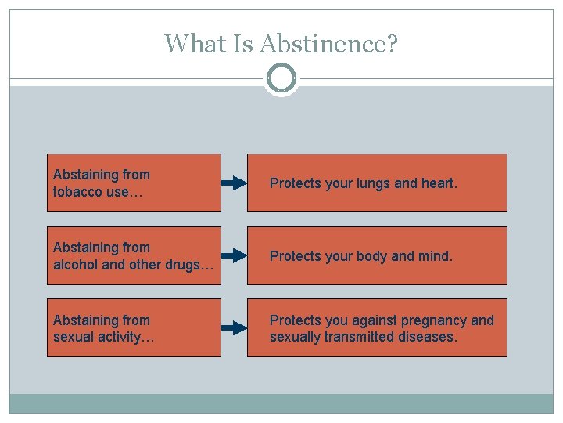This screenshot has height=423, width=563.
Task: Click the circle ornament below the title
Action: [x=281, y=78]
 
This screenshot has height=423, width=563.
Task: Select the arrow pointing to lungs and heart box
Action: [x=234, y=183]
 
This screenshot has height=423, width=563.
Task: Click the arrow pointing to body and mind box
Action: [x=234, y=256]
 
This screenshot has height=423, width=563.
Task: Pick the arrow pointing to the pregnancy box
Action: [x=234, y=328]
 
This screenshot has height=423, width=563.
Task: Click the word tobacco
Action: [x=76, y=191]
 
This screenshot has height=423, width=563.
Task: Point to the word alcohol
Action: [x=76, y=264]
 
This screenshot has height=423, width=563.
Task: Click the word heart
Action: [x=439, y=183]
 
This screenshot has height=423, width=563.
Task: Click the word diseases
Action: [x=427, y=337]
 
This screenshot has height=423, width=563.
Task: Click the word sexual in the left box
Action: [x=74, y=337]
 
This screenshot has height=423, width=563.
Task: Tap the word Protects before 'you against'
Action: [x=294, y=320]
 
